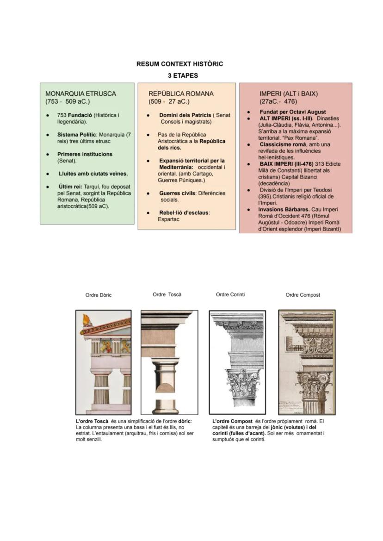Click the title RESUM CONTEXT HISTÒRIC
point(179,64)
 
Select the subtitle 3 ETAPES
point(179,75)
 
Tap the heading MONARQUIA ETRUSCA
point(80,93)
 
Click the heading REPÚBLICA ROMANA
point(181,93)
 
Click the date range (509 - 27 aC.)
point(169,101)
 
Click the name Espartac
point(168,219)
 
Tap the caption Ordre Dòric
point(99,295)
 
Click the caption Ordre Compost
point(303,295)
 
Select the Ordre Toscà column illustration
point(169,362)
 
